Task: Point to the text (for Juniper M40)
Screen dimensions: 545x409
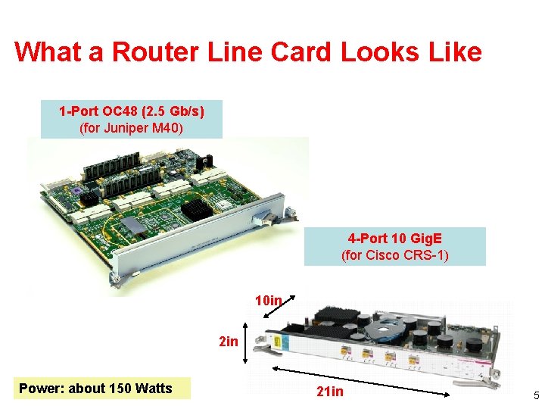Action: tap(131, 128)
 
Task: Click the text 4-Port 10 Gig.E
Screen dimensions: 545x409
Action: tap(394, 239)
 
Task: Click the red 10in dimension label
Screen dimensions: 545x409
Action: tap(268, 301)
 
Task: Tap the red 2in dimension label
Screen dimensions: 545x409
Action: tap(228, 342)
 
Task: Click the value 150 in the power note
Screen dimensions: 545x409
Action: tap(120, 389)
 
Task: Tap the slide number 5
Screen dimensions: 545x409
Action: tap(534, 395)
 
